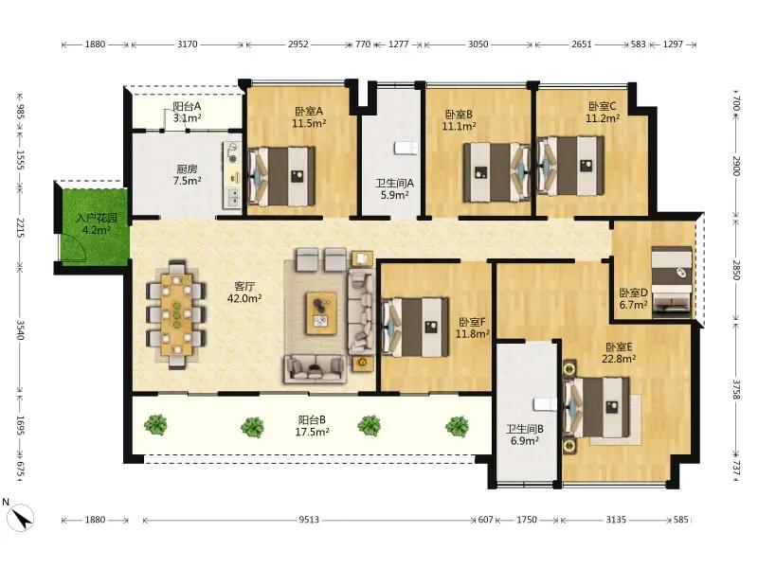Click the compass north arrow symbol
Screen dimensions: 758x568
click(x=22, y=518)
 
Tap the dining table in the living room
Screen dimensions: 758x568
click(x=177, y=315)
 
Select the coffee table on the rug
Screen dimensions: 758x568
click(x=321, y=313)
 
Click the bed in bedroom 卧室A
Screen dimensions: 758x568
click(x=281, y=175)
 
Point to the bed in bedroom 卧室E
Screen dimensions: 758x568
click(x=597, y=406)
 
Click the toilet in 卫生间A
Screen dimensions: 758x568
click(x=406, y=148)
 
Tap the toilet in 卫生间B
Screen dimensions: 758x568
click(x=546, y=403)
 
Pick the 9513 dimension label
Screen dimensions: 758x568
click(x=309, y=520)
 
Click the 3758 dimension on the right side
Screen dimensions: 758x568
click(x=736, y=389)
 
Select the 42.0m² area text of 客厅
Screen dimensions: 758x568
click(x=244, y=298)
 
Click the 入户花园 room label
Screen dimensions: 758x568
click(x=97, y=219)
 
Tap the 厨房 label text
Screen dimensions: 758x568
click(x=187, y=169)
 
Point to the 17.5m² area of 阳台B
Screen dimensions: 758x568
click(x=313, y=432)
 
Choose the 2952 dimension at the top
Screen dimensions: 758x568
click(x=298, y=44)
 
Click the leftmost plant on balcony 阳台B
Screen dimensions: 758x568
click(x=155, y=425)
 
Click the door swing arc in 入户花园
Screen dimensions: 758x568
click(x=81, y=246)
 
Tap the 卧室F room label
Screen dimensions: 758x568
click(x=472, y=322)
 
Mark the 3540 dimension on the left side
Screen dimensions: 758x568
click(x=20, y=329)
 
